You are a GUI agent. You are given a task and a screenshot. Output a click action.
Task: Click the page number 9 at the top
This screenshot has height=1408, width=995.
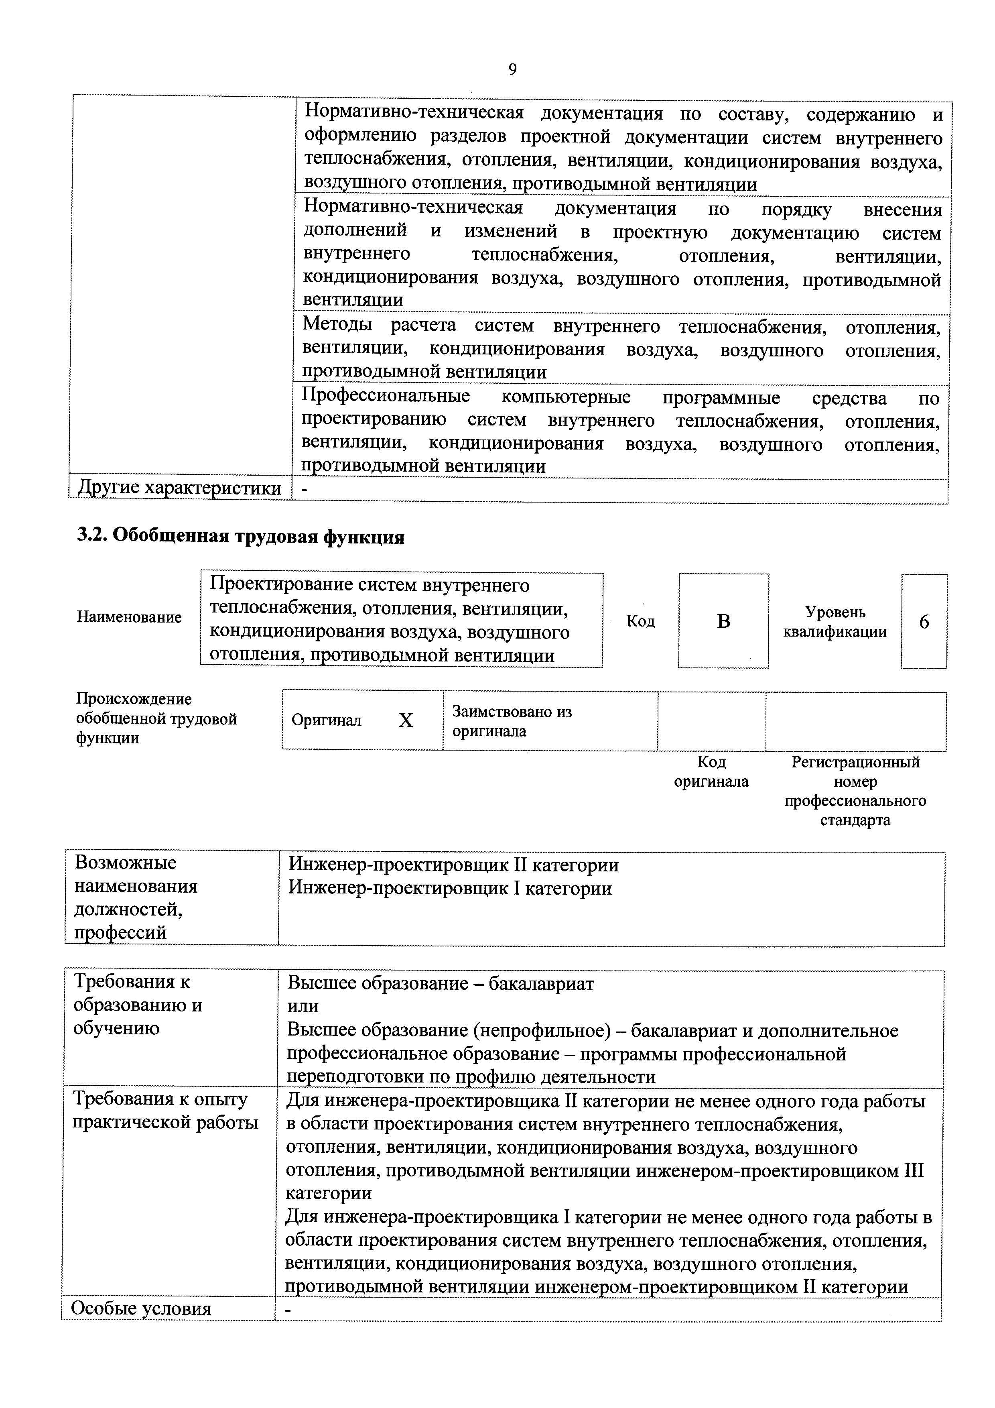click(x=512, y=70)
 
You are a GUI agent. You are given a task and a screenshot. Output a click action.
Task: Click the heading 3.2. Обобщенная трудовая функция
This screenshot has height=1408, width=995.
click(x=240, y=537)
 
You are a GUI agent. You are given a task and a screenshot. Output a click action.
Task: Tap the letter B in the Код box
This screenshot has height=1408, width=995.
click(x=723, y=621)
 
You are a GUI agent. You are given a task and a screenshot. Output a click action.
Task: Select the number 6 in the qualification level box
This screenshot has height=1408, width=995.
click(x=924, y=622)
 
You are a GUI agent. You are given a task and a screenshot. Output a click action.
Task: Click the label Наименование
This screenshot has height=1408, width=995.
click(x=129, y=617)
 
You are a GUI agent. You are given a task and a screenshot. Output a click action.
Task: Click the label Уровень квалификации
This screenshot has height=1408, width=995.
click(x=835, y=622)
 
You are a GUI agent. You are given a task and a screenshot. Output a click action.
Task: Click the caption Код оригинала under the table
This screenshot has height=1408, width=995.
click(x=711, y=771)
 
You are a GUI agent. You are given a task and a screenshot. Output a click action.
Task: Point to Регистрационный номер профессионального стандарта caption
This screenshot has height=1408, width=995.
click(x=855, y=790)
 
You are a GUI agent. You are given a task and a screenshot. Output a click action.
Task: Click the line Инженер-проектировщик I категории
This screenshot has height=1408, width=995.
click(x=450, y=889)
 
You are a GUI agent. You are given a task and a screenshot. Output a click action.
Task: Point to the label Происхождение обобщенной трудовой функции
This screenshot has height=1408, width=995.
click(x=156, y=718)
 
